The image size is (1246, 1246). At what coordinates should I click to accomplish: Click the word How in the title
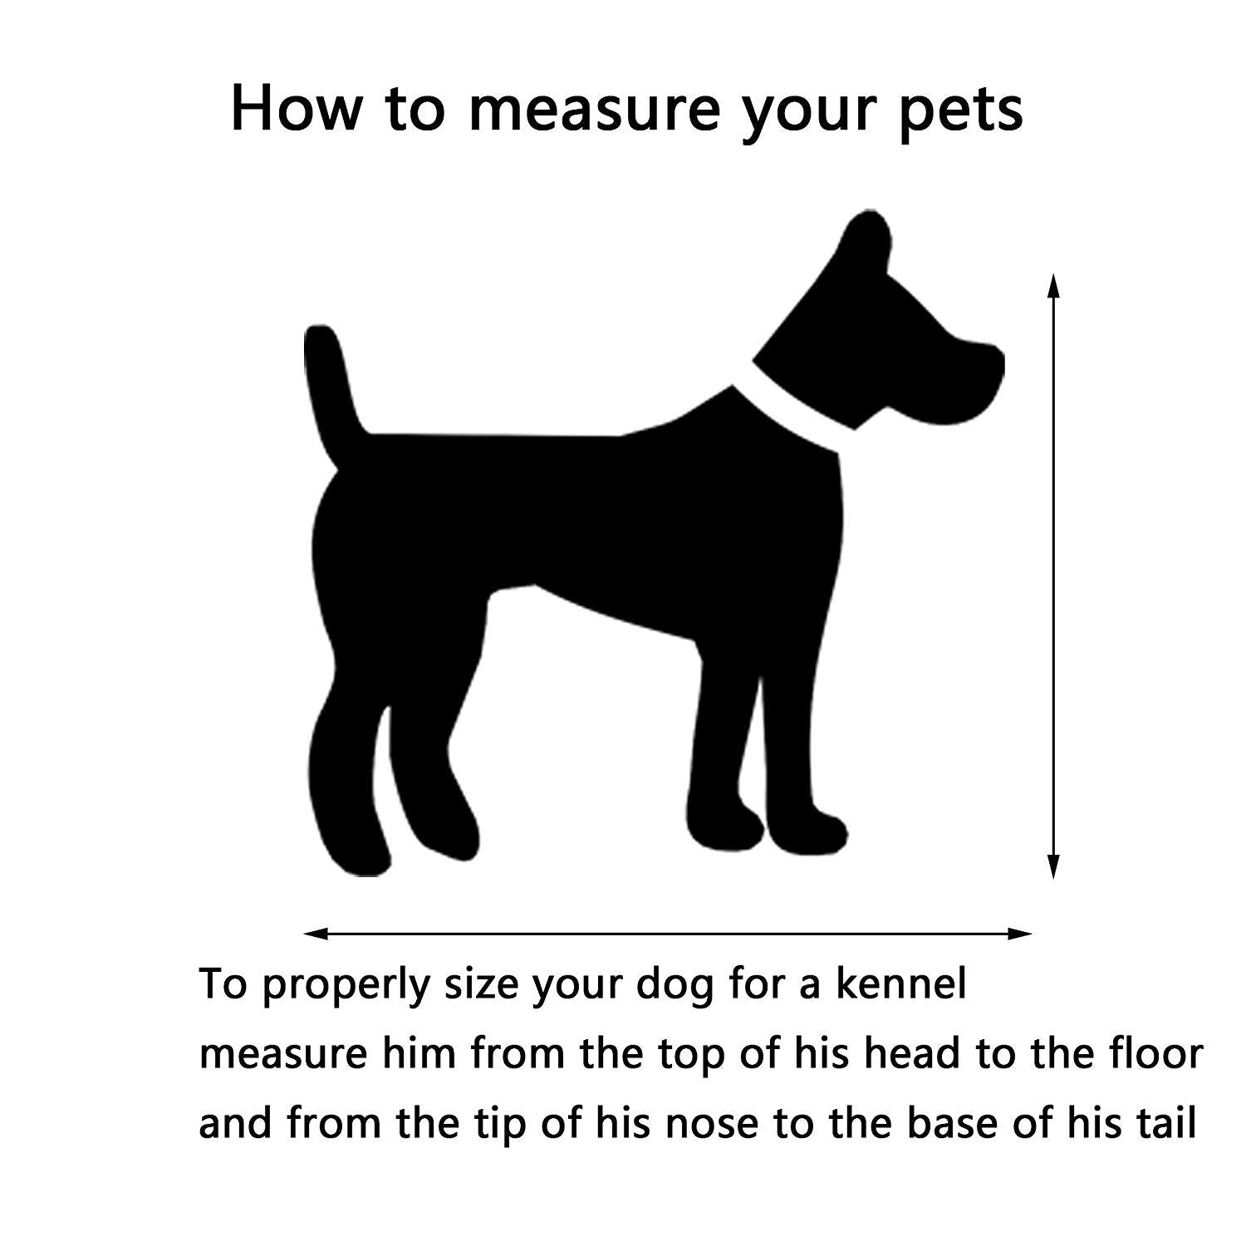[295, 108]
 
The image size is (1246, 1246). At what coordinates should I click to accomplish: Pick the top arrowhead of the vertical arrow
[1053, 287]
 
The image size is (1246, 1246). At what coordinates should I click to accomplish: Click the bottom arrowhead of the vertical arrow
[1053, 865]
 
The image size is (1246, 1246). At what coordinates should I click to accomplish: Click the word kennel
[901, 985]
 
